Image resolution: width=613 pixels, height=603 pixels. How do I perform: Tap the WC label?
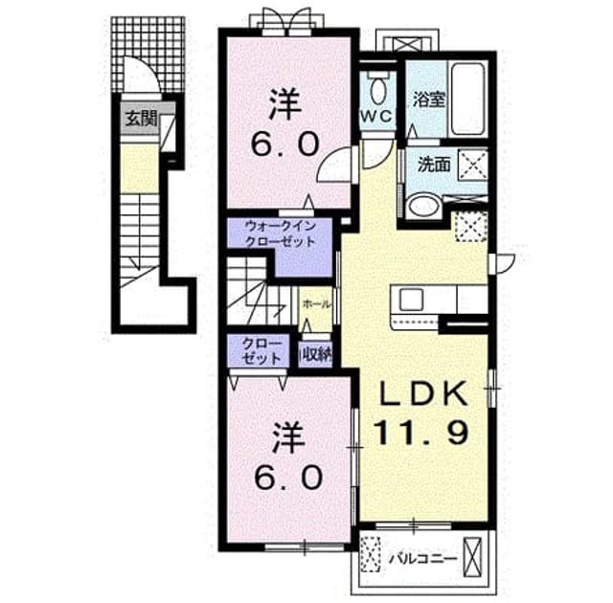(376, 116)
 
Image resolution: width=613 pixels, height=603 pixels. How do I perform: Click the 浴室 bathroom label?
(429, 100)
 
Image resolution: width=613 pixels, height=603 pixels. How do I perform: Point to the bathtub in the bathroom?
(467, 99)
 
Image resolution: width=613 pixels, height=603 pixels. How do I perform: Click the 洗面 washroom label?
(434, 165)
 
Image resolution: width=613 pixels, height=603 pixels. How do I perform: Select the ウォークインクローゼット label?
(280, 234)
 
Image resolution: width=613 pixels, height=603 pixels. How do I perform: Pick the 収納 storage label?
(316, 354)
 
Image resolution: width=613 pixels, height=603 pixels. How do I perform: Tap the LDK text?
(424, 392)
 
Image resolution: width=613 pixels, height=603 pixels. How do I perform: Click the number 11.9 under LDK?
(421, 432)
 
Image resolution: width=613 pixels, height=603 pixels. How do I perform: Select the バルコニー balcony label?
(423, 559)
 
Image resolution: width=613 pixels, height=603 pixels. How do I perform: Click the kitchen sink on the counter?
(411, 300)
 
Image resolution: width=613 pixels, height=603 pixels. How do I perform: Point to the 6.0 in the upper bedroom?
(284, 145)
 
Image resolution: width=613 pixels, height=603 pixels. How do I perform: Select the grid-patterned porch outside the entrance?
(148, 54)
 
